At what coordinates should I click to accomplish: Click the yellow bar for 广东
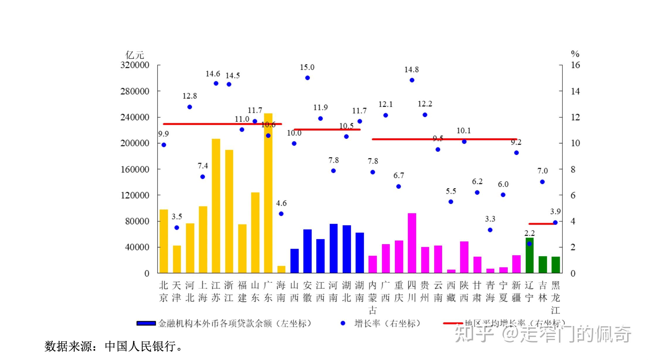click(268, 193)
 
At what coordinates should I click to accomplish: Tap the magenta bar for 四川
click(412, 243)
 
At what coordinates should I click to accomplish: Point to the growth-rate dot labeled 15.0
click(307, 78)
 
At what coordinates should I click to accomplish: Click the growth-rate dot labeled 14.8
click(412, 80)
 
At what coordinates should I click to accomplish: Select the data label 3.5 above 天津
click(177, 217)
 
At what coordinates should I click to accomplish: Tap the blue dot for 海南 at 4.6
click(281, 214)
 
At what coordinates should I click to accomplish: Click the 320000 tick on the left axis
click(135, 65)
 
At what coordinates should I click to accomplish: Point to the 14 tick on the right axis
click(575, 91)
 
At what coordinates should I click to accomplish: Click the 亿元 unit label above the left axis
click(135, 55)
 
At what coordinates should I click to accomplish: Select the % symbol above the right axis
click(575, 54)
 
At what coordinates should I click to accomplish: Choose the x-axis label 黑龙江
click(555, 297)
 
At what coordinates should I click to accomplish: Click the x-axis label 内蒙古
click(373, 297)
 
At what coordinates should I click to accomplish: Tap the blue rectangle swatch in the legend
click(146, 323)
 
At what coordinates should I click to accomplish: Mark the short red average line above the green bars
click(542, 224)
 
